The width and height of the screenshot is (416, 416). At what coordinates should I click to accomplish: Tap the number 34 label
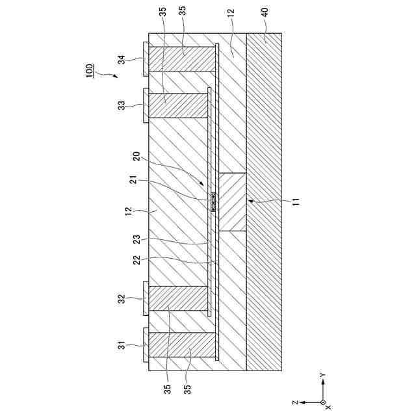[x=122, y=60]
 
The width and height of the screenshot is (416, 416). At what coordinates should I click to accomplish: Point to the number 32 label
[x=122, y=299]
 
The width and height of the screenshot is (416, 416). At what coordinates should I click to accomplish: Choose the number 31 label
[x=122, y=344]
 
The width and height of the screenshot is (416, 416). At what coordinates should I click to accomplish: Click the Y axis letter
[x=322, y=376]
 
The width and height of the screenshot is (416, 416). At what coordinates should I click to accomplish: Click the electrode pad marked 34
[x=146, y=60]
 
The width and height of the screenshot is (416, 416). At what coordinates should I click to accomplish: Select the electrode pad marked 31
[x=146, y=344]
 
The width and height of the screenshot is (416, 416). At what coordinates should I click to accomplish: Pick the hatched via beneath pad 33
[x=179, y=105]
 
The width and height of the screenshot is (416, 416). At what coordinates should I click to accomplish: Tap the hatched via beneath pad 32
[x=179, y=299]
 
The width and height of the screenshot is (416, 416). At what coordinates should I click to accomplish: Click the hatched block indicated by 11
[x=232, y=202]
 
